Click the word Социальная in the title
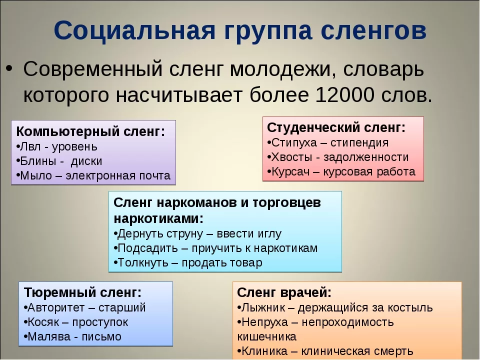coord(134,30)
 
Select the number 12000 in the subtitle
coord(344,95)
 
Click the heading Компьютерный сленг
coord(90,131)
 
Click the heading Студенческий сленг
coord(336,128)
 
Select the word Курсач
coord(290,172)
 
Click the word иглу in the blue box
coord(270,234)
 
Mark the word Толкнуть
coord(143,263)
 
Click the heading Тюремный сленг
coord(82,292)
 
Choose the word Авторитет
coord(56,307)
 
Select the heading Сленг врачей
coord(284,292)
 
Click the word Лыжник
coord(263,307)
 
